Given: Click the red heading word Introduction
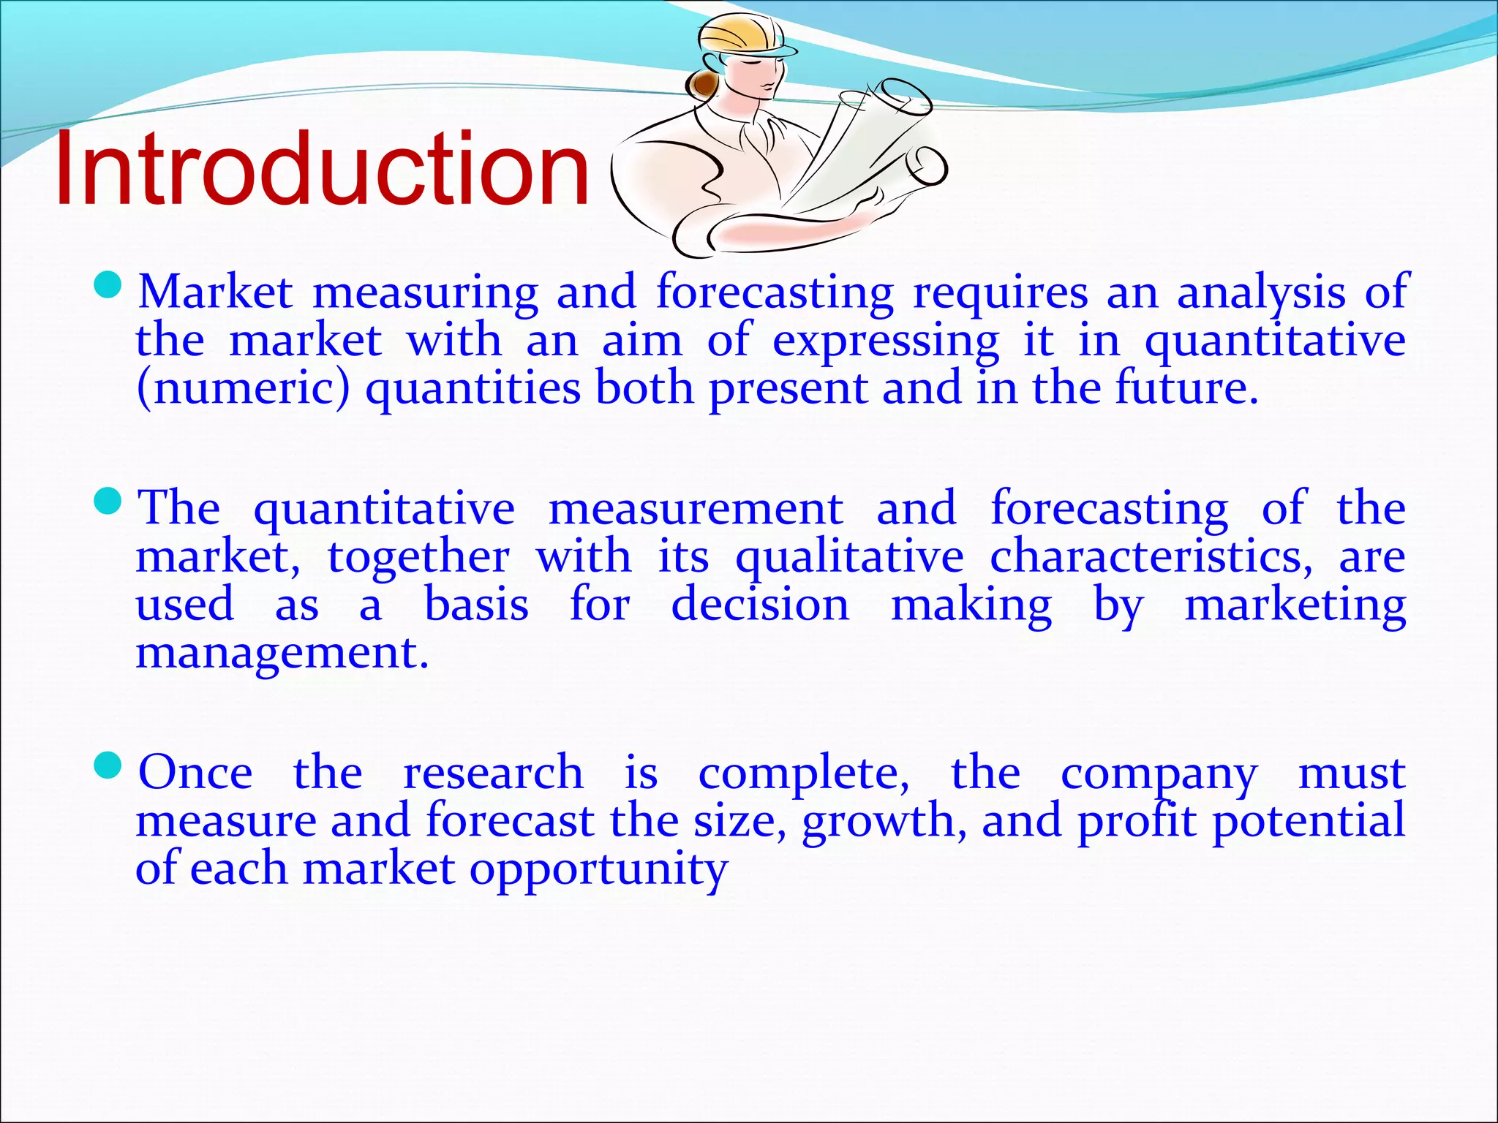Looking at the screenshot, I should point(322,170).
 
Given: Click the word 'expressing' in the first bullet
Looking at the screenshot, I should point(886,341).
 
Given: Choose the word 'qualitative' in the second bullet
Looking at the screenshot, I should point(849,557).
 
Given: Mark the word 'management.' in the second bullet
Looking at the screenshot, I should point(282,653).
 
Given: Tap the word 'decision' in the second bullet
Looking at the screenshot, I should point(760,605).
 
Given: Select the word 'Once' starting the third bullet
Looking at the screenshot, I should point(196,773).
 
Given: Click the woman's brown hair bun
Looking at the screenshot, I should point(703,85).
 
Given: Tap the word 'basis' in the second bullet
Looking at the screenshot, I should point(476,605).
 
